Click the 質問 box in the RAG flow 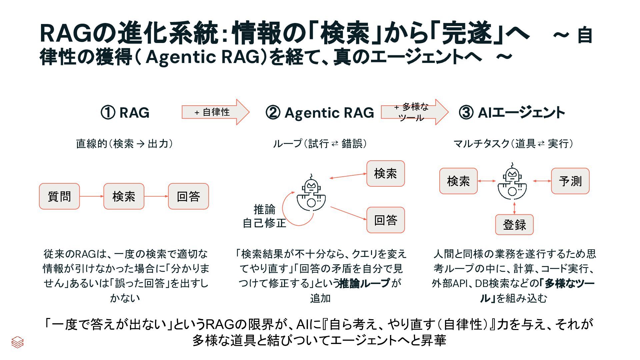pos(59,196)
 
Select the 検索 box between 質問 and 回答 pos(124,196)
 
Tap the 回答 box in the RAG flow pos(188,196)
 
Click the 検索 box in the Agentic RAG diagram pos(385,173)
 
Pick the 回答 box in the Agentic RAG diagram pos(385,220)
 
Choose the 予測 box pos(570,181)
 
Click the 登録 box pos(514,225)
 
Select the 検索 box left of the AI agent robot pos(458,181)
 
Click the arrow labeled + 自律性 pos(215,112)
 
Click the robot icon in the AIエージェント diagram pos(512,182)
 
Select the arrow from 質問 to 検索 pos(91,196)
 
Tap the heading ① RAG pos(125,113)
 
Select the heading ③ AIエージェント pos(512,113)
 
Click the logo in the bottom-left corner pos(17,342)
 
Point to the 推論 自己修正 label pos(264,216)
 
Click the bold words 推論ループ pos(364,283)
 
